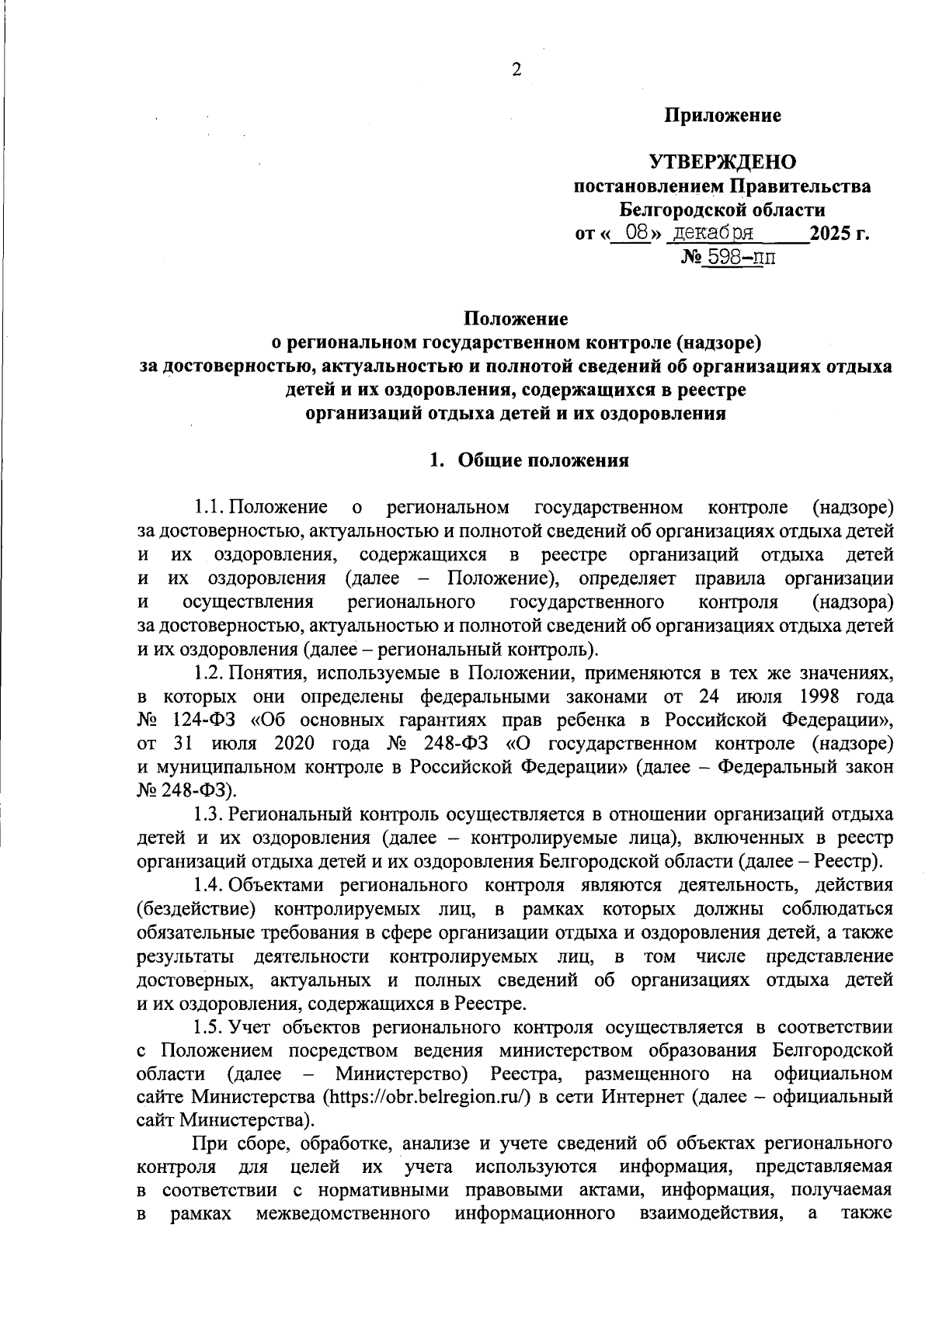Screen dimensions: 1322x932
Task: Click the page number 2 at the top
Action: (x=516, y=70)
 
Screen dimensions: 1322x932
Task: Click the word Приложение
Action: (x=722, y=116)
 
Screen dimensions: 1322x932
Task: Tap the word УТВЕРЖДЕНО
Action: (x=722, y=162)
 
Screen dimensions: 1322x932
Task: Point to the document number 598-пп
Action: (x=740, y=257)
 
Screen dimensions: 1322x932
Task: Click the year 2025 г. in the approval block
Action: (x=839, y=233)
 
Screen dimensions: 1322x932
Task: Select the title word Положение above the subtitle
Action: (x=516, y=319)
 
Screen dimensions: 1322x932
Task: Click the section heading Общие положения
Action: (x=543, y=460)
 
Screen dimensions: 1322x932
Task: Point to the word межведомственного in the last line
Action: (x=343, y=1214)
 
